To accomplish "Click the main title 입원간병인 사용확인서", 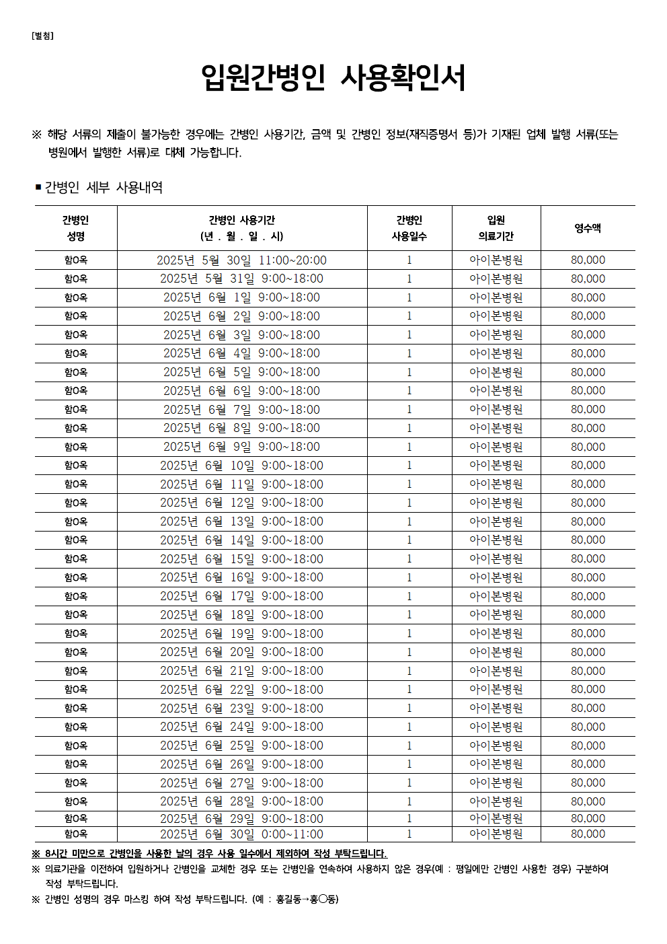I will (333, 78).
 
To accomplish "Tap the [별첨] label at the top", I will (42, 36).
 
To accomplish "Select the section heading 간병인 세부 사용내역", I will (104, 187).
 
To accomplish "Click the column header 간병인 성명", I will (76, 228).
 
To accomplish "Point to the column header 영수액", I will (588, 228).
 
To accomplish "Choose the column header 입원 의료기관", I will (496, 228).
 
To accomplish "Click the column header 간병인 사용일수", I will (409, 228).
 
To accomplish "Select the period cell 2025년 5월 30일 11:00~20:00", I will (241, 260).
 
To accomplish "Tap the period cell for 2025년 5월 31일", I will (241, 279).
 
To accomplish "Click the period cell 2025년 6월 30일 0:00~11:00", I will (241, 834).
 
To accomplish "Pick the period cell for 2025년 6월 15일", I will (241, 559).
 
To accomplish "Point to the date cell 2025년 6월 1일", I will (241, 297).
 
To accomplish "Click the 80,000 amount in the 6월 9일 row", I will (588, 447).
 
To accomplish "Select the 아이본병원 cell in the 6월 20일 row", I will (496, 652).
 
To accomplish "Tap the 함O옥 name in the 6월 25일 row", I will (76, 746).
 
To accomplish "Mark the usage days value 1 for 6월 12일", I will (409, 503).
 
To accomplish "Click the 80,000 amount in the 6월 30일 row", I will (588, 834).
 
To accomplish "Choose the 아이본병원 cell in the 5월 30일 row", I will (496, 260).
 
